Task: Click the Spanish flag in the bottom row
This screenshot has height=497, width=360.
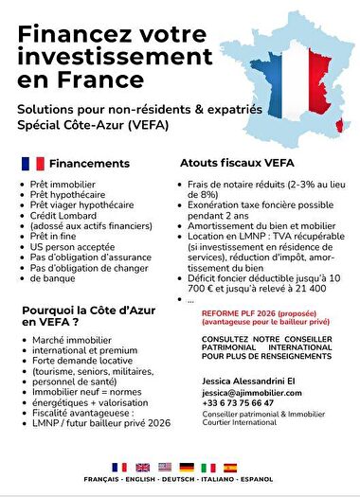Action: [230, 468]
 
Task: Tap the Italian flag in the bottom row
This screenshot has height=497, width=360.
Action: [209, 468]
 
